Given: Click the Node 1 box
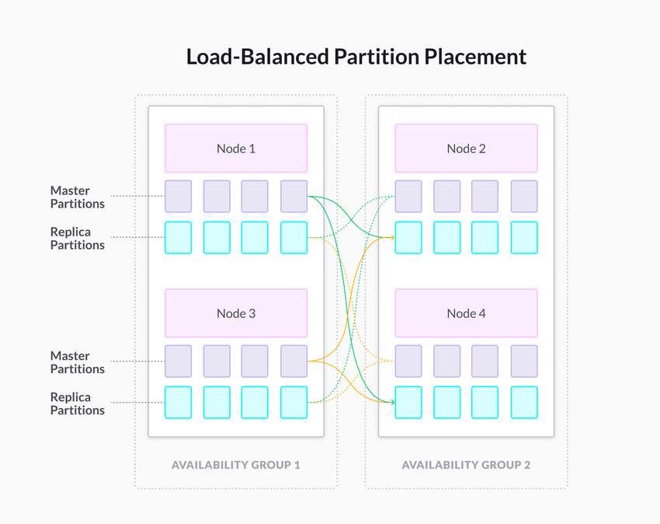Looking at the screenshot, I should click(235, 148).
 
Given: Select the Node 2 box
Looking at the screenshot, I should click(466, 148).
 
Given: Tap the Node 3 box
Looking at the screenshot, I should click(235, 313).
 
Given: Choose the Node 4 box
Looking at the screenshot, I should click(466, 313).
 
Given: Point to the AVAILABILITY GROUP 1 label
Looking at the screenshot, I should click(235, 465).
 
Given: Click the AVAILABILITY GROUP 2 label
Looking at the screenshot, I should click(466, 465).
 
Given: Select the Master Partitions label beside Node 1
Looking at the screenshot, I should click(78, 197).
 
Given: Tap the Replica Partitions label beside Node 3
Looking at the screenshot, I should click(78, 403).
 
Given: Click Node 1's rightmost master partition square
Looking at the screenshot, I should click(294, 197).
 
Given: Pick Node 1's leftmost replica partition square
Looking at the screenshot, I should click(178, 238).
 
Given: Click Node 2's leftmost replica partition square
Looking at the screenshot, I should click(408, 238).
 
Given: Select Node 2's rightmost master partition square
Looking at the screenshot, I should click(524, 197).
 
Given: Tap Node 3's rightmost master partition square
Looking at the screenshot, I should click(294, 362).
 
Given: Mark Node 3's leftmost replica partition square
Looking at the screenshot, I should click(178, 403).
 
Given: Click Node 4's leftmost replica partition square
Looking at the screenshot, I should click(408, 403).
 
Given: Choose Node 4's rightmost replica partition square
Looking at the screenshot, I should click(524, 403).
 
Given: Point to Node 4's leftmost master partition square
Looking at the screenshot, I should click(408, 362).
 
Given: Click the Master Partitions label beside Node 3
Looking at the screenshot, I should click(78, 362).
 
